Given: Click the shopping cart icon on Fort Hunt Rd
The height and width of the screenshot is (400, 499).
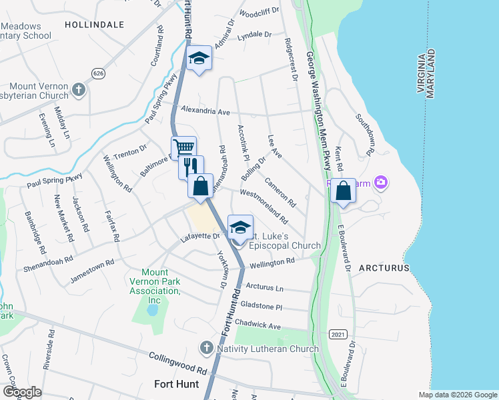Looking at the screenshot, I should tap(183, 147).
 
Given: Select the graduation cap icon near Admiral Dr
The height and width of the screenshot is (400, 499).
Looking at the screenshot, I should tap(199, 59).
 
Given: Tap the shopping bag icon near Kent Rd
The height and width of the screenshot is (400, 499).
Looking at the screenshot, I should tap(343, 191).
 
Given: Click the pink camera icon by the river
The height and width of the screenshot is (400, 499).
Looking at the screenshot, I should tap(381, 181).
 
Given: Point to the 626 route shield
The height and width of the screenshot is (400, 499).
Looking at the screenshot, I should tap(99, 72).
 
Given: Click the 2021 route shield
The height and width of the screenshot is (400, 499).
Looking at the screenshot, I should tap(338, 332).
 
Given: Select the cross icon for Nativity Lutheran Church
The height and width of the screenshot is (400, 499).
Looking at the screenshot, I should tap(206, 348).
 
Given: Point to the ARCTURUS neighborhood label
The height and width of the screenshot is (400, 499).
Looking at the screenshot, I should tap(384, 268).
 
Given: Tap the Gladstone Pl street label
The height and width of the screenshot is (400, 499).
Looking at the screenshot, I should tap(264, 306).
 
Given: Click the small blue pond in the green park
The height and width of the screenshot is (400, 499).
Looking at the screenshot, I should tap(153, 310).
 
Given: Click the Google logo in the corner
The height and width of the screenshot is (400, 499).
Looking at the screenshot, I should tap(22, 391).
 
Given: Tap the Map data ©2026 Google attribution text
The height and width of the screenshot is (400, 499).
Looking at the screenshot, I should tap(457, 395).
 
